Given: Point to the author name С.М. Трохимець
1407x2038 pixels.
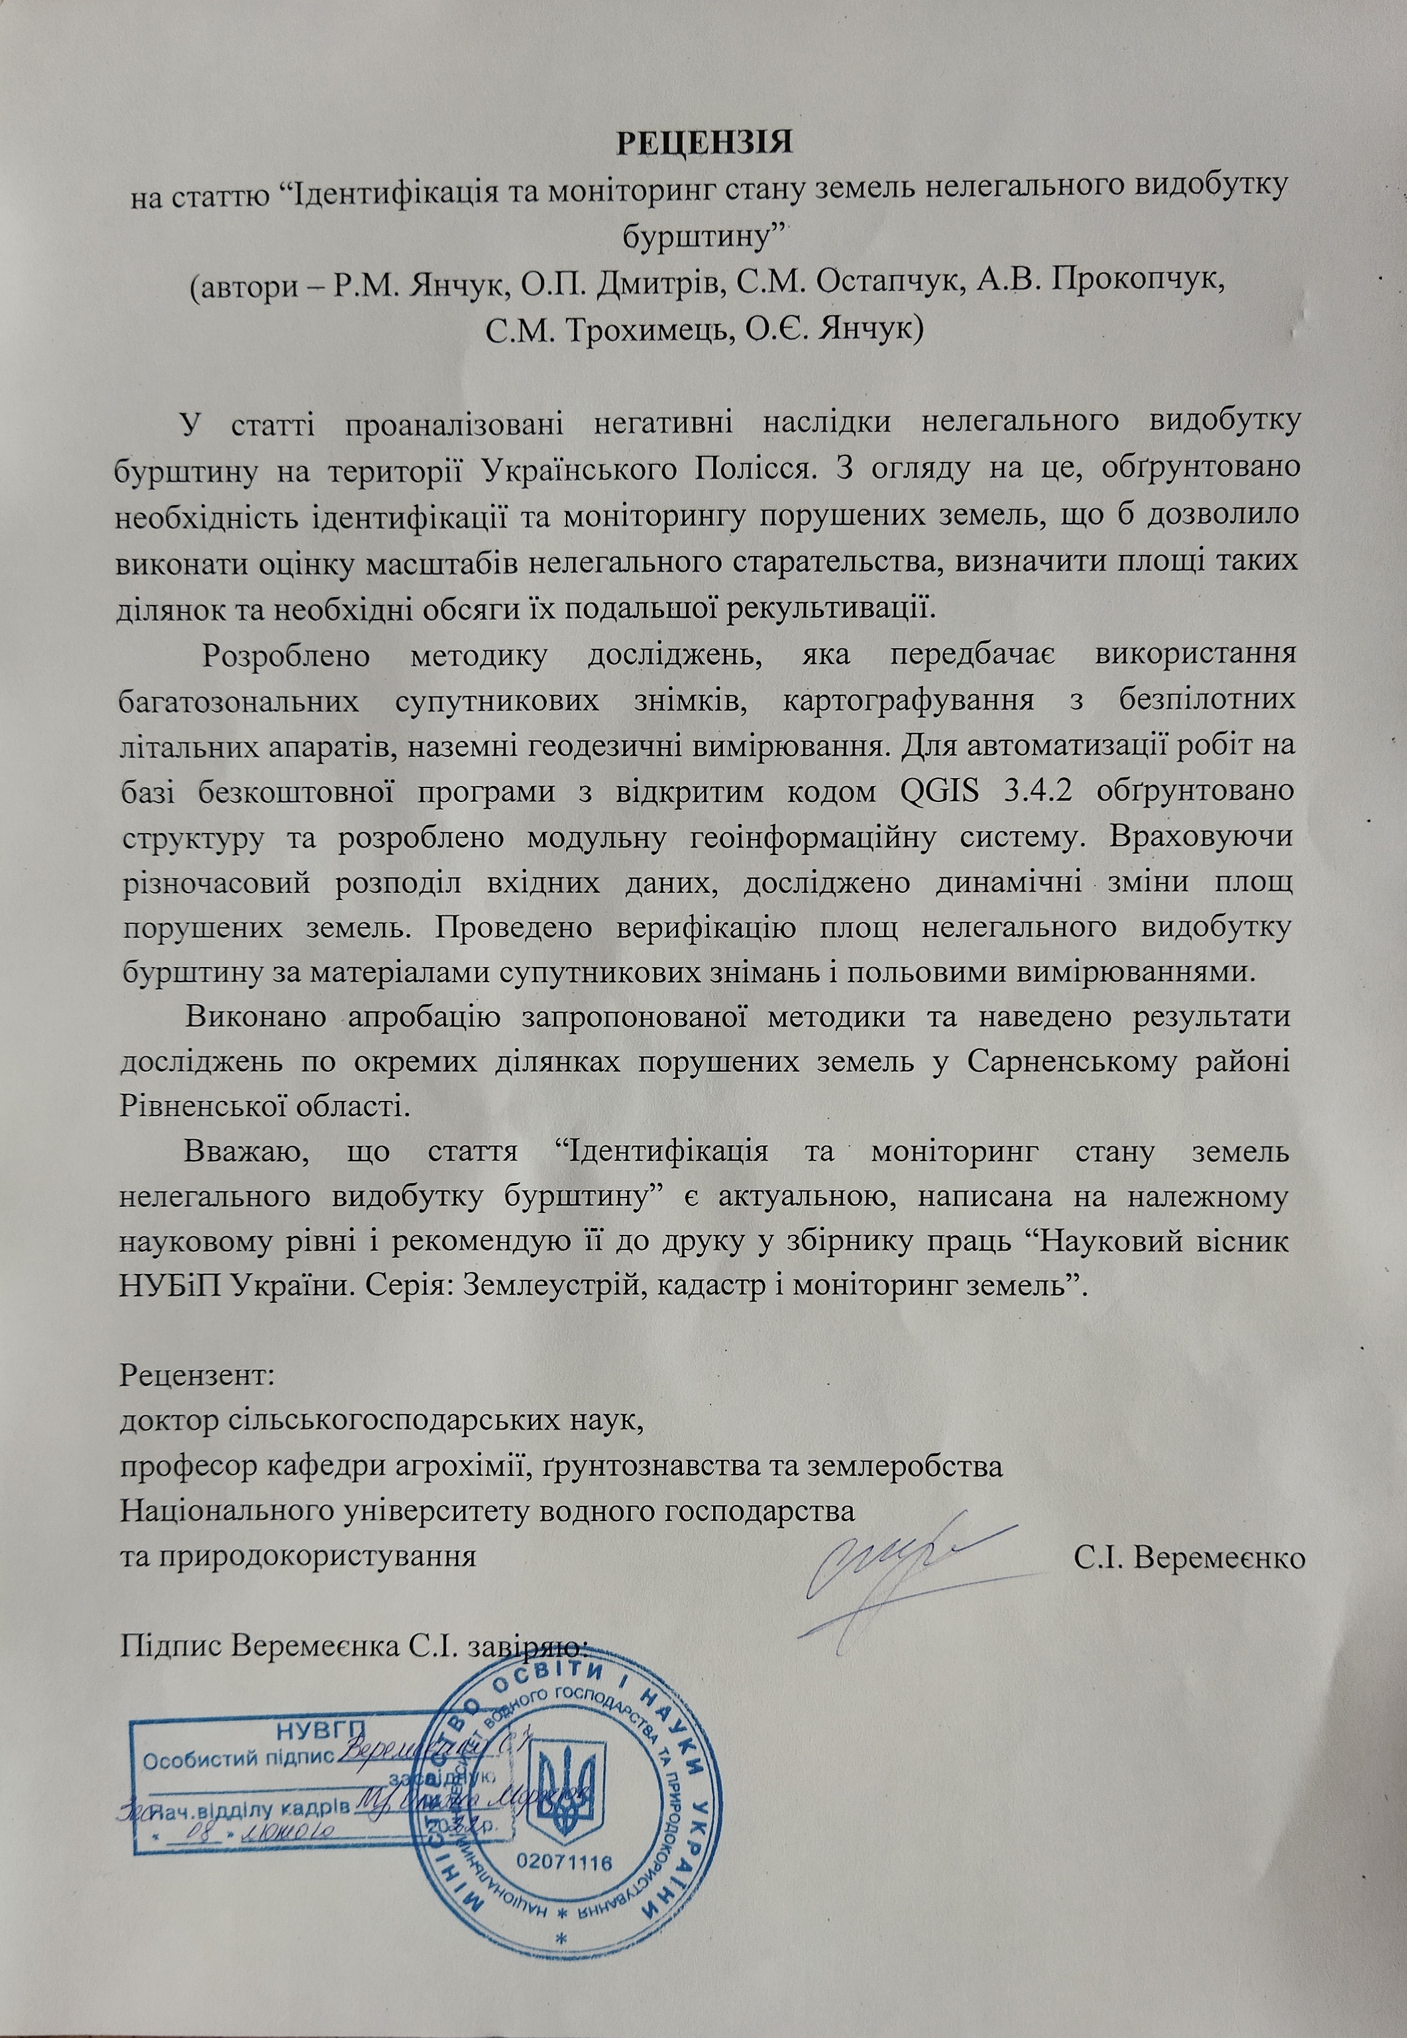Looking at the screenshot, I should coord(608,329).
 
